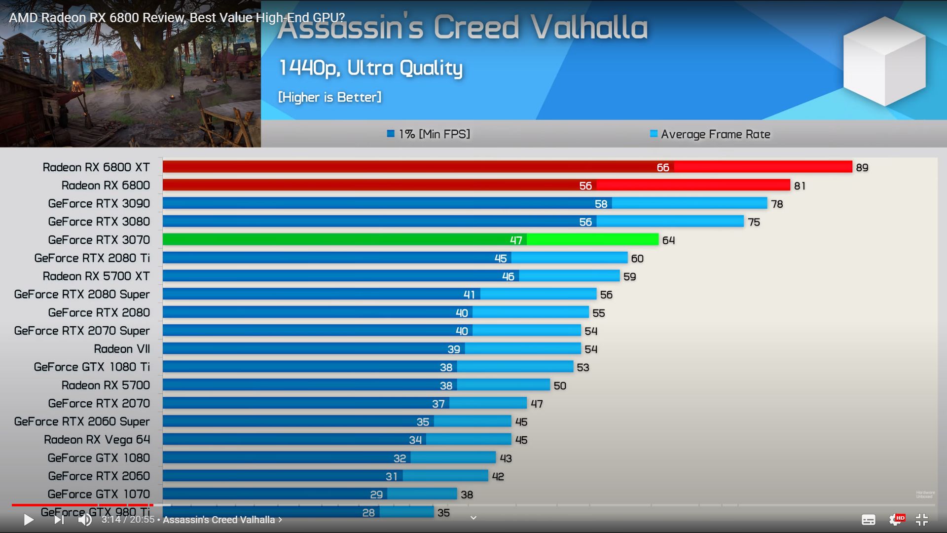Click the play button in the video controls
coord(29,519)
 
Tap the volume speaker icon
coord(85,519)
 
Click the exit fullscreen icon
coord(921,519)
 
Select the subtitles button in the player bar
coord(868,520)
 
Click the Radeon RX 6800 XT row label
coord(96,167)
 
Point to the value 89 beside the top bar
coord(862,168)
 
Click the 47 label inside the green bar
coord(516,240)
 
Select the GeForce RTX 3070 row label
coord(99,240)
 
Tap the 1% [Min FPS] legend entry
coord(429,134)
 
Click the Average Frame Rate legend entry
coord(710,134)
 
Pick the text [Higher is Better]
coord(329,97)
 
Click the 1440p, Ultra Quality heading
coord(370,68)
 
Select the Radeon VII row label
coord(122,349)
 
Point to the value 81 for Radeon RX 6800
coord(800,186)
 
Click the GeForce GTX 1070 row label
coord(99,494)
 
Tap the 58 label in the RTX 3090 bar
coord(601,204)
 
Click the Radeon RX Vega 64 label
coord(97,440)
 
